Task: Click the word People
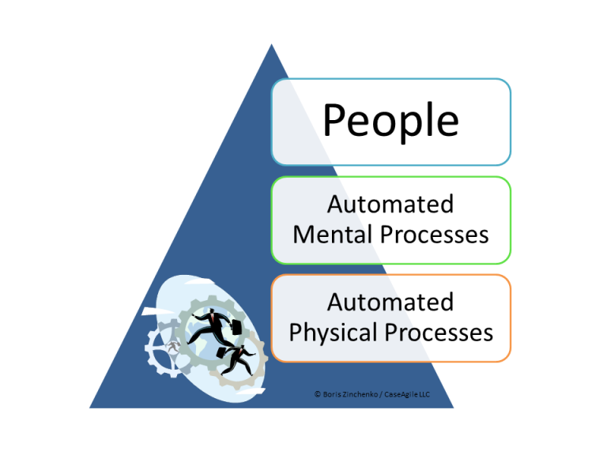pyautogui.click(x=390, y=122)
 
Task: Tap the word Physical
pyautogui.click(x=332, y=332)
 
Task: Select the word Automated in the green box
pyautogui.click(x=390, y=205)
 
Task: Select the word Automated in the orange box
pyautogui.click(x=390, y=302)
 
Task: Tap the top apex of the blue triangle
pyautogui.click(x=271, y=45)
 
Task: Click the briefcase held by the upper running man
pyautogui.click(x=236, y=325)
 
